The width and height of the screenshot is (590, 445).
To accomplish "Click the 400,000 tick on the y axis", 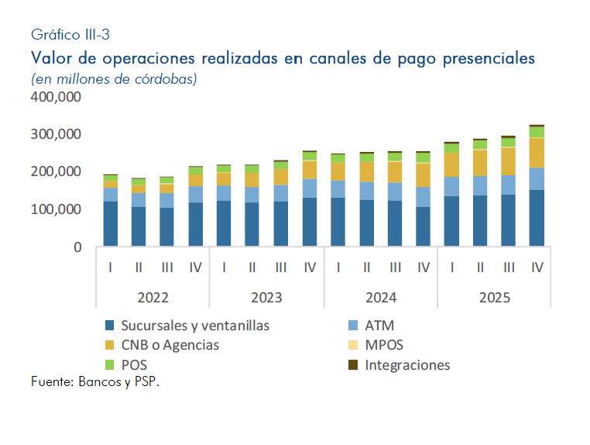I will (57, 97).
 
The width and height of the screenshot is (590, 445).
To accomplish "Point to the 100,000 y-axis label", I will (57, 209).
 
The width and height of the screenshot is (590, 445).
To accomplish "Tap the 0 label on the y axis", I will (77, 247).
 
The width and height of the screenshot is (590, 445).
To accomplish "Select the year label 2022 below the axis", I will (153, 297).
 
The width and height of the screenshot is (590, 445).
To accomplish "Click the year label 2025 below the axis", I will (494, 297).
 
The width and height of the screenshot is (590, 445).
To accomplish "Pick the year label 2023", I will (266, 297).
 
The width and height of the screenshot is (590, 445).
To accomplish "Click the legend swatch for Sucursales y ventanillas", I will (109, 326).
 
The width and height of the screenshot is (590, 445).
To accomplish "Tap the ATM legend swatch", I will (353, 326).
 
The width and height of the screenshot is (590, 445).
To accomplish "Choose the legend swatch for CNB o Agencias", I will (109, 345).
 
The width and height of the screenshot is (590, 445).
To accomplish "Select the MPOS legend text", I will (384, 345).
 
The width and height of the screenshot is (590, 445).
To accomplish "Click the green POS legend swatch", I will (109, 364).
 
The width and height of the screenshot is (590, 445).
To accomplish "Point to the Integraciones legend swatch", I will (353, 364).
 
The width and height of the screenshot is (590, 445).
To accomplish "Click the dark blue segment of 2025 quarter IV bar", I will (537, 219).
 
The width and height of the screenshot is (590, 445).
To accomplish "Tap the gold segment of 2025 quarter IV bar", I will (537, 153).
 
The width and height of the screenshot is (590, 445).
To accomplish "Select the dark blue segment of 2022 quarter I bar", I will (111, 224).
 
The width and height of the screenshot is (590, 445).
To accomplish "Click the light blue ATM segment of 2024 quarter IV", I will (423, 197).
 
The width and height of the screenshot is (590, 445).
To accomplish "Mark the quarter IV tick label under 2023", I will (309, 267).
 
